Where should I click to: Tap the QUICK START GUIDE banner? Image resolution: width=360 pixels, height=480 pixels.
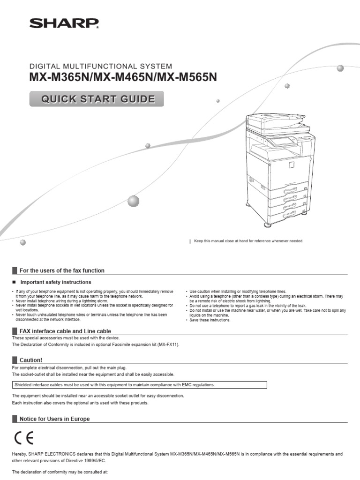point(97,99)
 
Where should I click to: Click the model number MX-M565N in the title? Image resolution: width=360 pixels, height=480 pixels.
point(187,77)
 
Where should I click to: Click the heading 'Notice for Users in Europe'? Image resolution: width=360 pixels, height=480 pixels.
point(54,419)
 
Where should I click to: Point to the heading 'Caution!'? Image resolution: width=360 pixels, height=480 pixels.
point(30,360)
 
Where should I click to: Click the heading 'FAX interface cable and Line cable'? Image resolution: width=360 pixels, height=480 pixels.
point(65,331)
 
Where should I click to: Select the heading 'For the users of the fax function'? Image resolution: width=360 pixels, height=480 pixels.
point(61,270)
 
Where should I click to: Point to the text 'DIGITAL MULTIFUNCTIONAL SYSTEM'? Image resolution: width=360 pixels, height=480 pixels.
point(101,67)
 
